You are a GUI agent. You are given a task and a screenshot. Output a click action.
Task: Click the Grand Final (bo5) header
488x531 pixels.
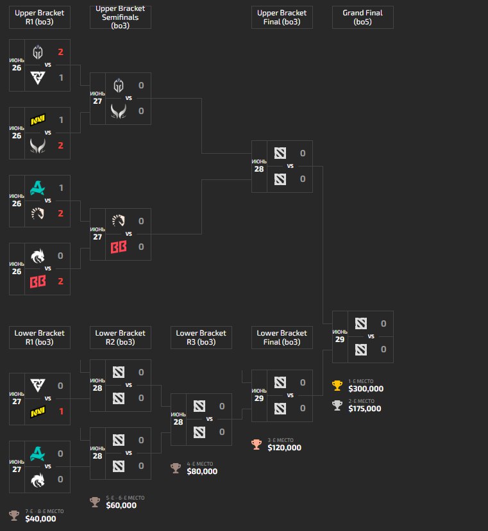(x=362, y=17)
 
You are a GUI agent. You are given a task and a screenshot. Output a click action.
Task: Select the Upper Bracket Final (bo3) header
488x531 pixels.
(x=282, y=17)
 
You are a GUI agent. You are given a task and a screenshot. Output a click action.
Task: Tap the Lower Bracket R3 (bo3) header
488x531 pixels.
(x=201, y=338)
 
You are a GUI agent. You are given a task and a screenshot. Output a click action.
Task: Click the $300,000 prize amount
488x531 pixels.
(x=365, y=388)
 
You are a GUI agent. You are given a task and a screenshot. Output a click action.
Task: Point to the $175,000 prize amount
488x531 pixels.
(x=365, y=409)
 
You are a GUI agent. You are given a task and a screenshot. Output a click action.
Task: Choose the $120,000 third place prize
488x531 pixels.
(x=284, y=448)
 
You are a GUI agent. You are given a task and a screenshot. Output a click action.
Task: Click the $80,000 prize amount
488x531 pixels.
(x=202, y=471)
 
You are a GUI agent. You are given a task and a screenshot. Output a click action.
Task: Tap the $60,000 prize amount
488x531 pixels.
(x=121, y=505)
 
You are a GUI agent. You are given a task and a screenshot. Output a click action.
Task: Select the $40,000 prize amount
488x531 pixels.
(x=40, y=519)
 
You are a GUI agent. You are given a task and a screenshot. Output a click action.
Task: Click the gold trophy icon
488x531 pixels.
(x=337, y=386)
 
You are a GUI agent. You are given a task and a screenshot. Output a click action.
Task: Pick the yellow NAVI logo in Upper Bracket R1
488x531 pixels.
(x=37, y=120)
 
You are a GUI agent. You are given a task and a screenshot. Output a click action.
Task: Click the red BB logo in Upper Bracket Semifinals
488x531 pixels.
(x=119, y=247)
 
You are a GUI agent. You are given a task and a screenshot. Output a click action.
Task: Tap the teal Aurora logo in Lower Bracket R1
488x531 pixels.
(x=37, y=453)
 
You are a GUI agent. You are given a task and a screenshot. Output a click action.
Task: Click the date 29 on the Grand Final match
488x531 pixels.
(x=340, y=339)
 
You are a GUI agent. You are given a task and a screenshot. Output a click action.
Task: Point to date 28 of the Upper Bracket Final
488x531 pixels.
(x=258, y=169)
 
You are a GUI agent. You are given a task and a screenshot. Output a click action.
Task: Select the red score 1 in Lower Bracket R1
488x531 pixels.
(x=61, y=411)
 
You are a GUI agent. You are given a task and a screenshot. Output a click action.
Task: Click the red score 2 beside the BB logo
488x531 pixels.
(x=61, y=281)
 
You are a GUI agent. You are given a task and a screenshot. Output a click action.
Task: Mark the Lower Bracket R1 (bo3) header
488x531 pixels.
(x=39, y=338)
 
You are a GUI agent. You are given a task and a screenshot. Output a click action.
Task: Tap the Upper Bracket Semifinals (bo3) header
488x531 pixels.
(x=120, y=17)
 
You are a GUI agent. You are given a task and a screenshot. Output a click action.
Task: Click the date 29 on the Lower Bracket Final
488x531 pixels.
(x=258, y=398)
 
